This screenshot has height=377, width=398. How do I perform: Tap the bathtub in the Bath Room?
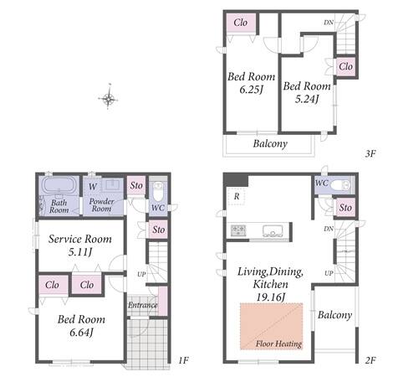coord(59,185)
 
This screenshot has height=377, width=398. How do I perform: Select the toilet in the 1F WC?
coord(158,191)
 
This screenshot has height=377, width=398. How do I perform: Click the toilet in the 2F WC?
coord(341,184)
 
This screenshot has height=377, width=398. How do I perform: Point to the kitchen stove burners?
coord(238,230)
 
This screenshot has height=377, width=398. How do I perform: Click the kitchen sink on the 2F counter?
coord(273,230)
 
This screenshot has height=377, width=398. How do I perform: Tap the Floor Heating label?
coord(278,343)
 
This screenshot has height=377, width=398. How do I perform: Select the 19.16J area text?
coord(270,297)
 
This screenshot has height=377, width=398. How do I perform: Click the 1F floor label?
coord(183,360)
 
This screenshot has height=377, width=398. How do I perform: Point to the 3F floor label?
coord(370,153)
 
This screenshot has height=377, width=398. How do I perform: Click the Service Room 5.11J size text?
coord(80,252)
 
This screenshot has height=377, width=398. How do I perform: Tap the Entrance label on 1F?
coord(143,305)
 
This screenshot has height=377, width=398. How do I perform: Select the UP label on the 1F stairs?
coord(141,274)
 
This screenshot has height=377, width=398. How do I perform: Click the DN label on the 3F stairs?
coord(329,23)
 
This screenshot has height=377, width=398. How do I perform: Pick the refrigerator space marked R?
coord(237,197)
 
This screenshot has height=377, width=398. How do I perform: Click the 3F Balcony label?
coord(270,143)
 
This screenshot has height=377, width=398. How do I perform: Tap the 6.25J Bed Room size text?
coord(251,90)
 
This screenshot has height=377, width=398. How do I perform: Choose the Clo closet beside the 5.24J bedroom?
coord(345,67)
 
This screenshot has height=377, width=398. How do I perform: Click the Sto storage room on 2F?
coord(345,208)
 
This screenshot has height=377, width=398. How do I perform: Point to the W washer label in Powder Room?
coord(93,186)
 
